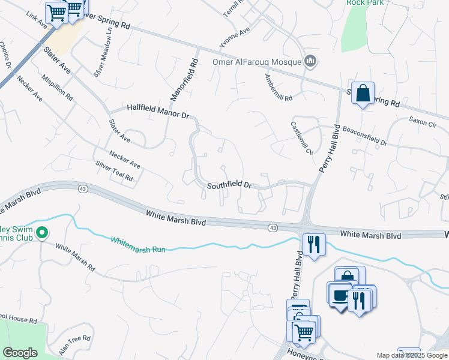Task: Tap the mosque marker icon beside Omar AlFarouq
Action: [310, 61]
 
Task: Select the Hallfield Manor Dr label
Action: [158, 110]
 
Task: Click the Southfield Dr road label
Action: [229, 186]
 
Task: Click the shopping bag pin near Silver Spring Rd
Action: [363, 93]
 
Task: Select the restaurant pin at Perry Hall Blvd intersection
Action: [314, 244]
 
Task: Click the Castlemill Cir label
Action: [301, 139]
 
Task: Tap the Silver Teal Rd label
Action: [113, 171]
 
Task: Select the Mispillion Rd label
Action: [57, 88]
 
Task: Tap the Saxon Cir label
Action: [423, 122]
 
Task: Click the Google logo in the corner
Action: [20, 353]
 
